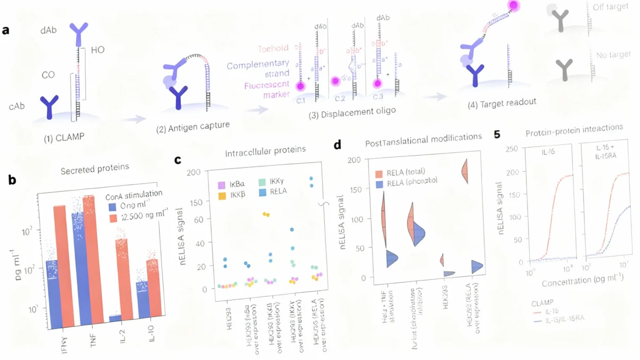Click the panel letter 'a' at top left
click(6, 30)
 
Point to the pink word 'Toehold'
click(273, 49)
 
